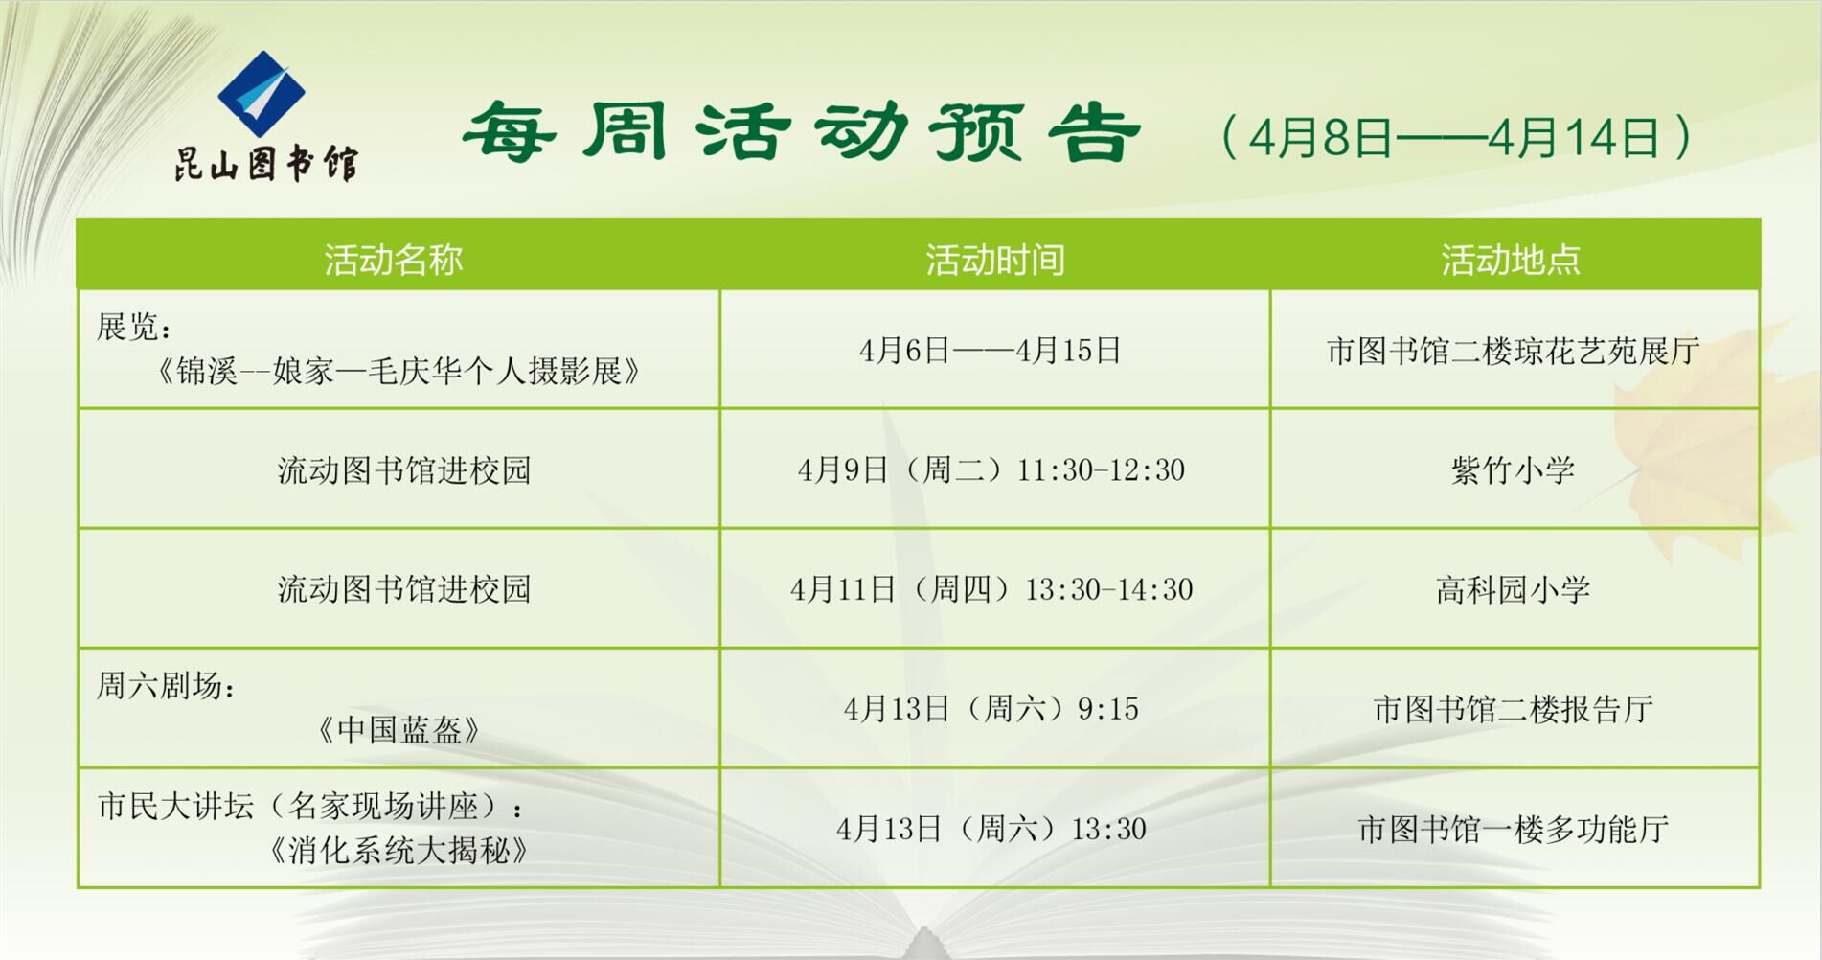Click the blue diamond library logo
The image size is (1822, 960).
pos(261,94)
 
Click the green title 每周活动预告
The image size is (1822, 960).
pos(801,132)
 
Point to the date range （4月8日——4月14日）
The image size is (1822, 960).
pos(1455,137)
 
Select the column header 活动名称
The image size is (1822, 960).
pos(393,260)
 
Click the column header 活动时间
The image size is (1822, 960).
pos(994,260)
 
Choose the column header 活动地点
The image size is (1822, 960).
pos(1511,260)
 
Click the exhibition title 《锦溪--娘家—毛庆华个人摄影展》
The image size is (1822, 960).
pos(398,371)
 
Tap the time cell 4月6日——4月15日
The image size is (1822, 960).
pos(991,351)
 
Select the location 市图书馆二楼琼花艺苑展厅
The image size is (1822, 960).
pos(1513,351)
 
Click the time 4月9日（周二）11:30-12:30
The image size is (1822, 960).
pos(991,469)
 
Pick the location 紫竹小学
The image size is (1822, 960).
pos(1513,469)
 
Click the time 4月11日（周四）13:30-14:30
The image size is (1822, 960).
pos(991,589)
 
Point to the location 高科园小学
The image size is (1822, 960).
pos(1513,589)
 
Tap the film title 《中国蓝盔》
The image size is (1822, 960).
pos(399,730)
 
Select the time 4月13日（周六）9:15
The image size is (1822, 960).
pos(991,709)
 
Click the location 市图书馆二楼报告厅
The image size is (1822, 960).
pos(1513,709)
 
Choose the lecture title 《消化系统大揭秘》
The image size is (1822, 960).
pos(399,850)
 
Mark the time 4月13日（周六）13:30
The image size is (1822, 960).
pos(991,829)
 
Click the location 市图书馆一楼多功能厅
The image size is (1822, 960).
pos(1513,829)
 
